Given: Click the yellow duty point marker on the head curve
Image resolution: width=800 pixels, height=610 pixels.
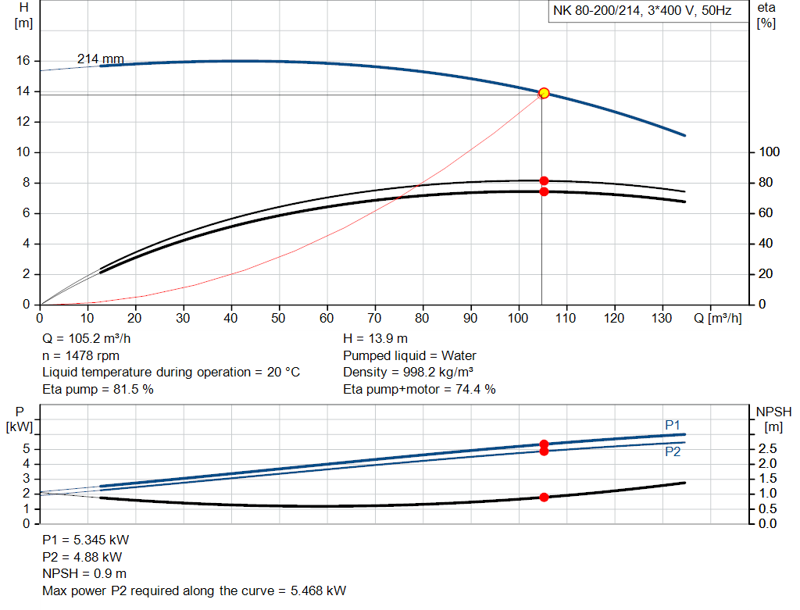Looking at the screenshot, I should tap(544, 93).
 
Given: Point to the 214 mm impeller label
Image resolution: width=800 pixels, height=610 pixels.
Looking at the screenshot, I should tap(100, 59).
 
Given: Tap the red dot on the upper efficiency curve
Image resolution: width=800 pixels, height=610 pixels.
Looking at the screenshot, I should tap(544, 181).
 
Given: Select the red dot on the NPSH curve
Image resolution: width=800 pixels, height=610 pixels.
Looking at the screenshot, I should tap(544, 497).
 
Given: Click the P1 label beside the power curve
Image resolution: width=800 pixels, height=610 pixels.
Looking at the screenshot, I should tap(673, 424).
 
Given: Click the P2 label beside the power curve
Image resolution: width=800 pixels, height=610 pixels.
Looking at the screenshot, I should tap(673, 451).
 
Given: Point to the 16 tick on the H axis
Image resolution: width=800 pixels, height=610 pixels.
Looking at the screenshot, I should tap(23, 61).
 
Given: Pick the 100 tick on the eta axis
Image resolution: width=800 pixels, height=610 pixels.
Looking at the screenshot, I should tap(765, 152).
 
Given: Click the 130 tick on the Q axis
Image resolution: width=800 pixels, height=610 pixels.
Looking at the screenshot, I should tap(662, 318).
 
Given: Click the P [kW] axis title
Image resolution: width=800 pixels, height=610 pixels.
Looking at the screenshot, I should tap(19, 419).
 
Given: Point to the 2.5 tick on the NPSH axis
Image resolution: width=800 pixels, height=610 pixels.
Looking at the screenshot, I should tap(766, 449).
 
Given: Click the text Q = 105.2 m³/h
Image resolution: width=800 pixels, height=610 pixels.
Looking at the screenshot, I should tap(86, 339).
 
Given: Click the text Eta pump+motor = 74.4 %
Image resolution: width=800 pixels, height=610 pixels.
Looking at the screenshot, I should tap(420, 389).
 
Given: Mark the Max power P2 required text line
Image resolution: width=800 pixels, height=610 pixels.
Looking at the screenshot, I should tap(194, 590).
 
